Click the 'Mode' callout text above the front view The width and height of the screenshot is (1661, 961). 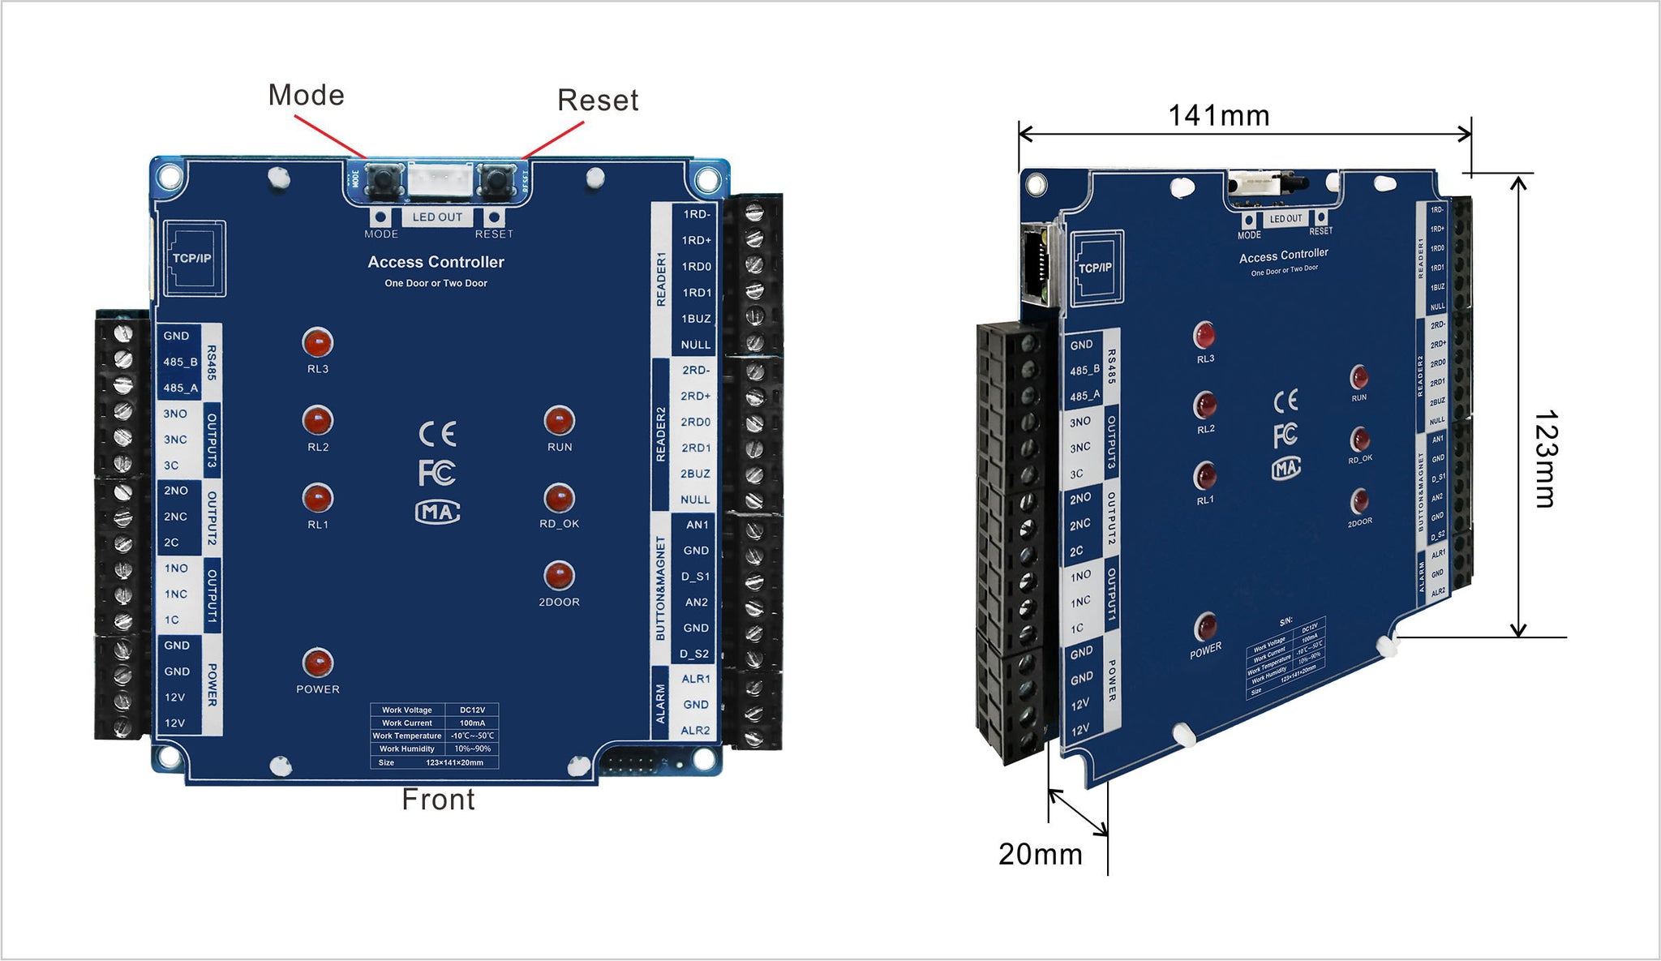click(x=306, y=96)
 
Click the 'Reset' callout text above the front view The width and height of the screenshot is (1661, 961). click(x=598, y=101)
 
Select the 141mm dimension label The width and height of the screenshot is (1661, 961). click(x=1218, y=116)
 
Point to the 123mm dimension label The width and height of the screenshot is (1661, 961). click(x=1545, y=459)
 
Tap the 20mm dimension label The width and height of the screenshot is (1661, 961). click(x=1040, y=854)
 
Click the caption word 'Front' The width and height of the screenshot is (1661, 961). click(x=438, y=800)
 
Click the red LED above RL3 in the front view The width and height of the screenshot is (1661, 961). click(x=317, y=342)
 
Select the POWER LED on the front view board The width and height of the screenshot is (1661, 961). click(x=317, y=663)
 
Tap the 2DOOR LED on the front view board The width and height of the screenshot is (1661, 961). click(x=559, y=576)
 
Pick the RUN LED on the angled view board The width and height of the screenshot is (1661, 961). click(x=1359, y=377)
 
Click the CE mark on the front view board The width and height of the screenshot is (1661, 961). click(x=437, y=434)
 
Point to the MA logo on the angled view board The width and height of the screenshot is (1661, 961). click(x=1286, y=468)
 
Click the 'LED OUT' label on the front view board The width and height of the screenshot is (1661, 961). click(x=437, y=217)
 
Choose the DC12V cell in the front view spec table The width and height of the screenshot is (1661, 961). click(x=472, y=710)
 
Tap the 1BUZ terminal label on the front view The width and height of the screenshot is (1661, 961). click(x=695, y=319)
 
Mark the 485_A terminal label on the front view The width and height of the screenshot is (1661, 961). click(x=180, y=388)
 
